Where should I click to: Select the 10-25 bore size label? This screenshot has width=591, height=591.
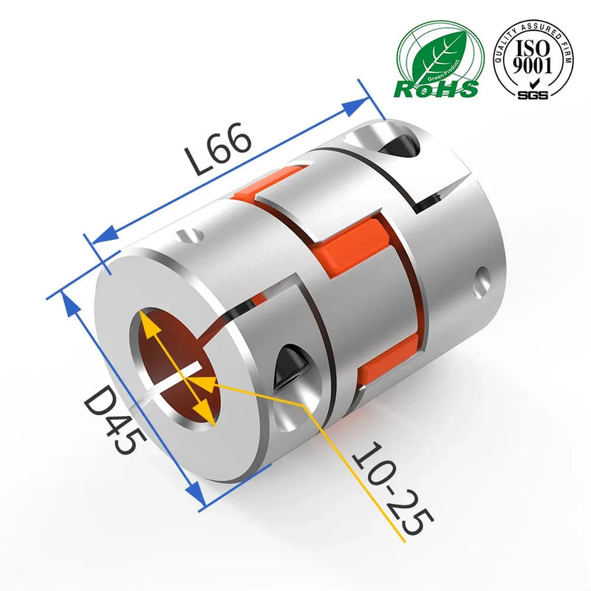[392, 488]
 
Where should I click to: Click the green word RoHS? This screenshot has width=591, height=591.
[436, 89]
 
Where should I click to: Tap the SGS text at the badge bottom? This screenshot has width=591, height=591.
[533, 95]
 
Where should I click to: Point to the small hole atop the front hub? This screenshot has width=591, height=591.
[191, 236]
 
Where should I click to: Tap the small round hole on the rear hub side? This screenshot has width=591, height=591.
[484, 279]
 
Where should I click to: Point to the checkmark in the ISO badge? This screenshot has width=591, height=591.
[533, 83]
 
